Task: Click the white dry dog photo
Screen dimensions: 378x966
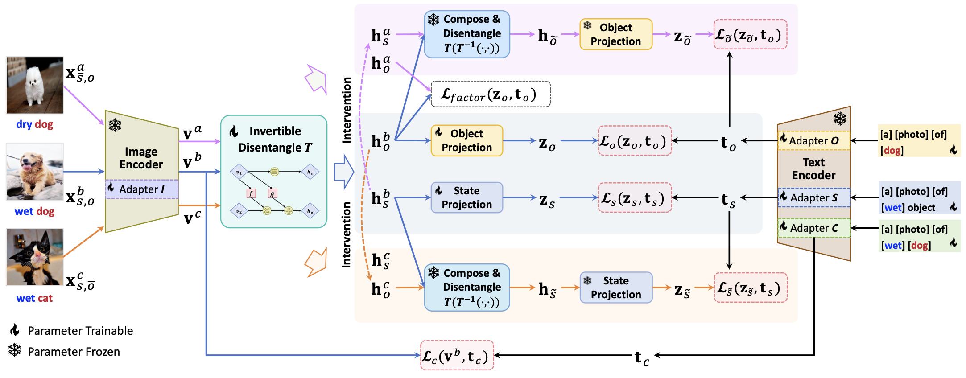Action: (x=34, y=85)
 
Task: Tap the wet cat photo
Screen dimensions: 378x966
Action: (x=34, y=257)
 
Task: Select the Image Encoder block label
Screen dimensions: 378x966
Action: (x=141, y=158)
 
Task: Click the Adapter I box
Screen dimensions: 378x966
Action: (x=142, y=189)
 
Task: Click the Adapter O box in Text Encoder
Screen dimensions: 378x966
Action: (x=814, y=141)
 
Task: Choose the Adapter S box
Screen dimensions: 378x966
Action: (x=814, y=198)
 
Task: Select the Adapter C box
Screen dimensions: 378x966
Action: (x=814, y=228)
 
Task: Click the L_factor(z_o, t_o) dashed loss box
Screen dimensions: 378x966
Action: (x=490, y=94)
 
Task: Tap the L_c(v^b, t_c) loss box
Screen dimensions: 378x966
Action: (x=457, y=356)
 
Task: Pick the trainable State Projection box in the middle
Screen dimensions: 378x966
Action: (x=466, y=197)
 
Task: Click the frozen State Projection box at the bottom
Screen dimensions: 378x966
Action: (x=616, y=288)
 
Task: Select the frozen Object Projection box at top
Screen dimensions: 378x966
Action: (x=616, y=34)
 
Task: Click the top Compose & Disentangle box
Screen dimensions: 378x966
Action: (x=466, y=34)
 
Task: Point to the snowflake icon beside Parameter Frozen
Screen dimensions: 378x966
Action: (x=15, y=350)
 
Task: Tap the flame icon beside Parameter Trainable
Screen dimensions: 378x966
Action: (x=15, y=330)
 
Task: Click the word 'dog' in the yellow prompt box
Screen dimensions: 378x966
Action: (x=892, y=151)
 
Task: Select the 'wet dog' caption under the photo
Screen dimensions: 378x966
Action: (x=34, y=211)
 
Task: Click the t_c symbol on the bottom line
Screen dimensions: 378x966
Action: (x=641, y=357)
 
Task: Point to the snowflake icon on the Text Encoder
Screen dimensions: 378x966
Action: (x=840, y=119)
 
